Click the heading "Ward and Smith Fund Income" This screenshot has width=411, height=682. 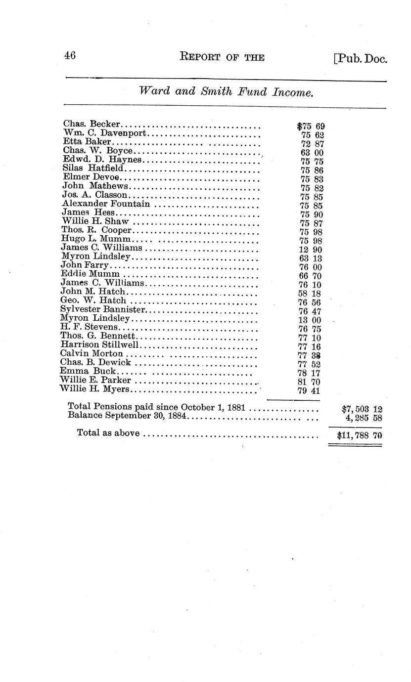[x=226, y=92]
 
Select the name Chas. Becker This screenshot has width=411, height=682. [x=92, y=124]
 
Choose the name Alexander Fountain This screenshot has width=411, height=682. [x=106, y=204]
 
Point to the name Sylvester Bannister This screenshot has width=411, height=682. [x=103, y=309]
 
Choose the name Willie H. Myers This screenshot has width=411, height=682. [x=94, y=389]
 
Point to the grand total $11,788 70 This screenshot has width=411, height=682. [x=359, y=436]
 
